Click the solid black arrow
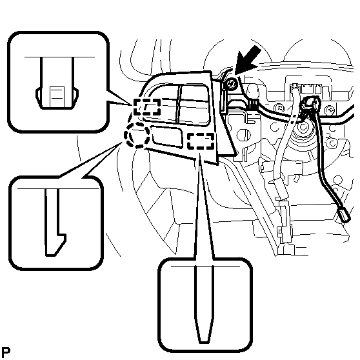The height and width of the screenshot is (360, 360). coord(248,60)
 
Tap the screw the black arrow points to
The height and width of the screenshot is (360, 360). coord(231,84)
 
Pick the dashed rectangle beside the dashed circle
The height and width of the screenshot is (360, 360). coord(147,107)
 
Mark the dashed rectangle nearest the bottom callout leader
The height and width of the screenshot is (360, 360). coord(201,141)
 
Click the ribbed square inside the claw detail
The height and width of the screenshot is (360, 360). coord(57,96)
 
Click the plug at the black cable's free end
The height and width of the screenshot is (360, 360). coord(344,215)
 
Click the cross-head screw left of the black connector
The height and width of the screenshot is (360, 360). coord(279,108)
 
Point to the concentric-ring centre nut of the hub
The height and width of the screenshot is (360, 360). coord(303,126)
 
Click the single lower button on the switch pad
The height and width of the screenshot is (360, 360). coord(167,137)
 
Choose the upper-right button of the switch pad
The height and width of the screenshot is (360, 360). coord(195,93)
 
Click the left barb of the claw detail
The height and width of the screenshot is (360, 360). coord(39,96)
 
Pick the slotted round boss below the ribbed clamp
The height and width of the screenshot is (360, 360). coord(243,135)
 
